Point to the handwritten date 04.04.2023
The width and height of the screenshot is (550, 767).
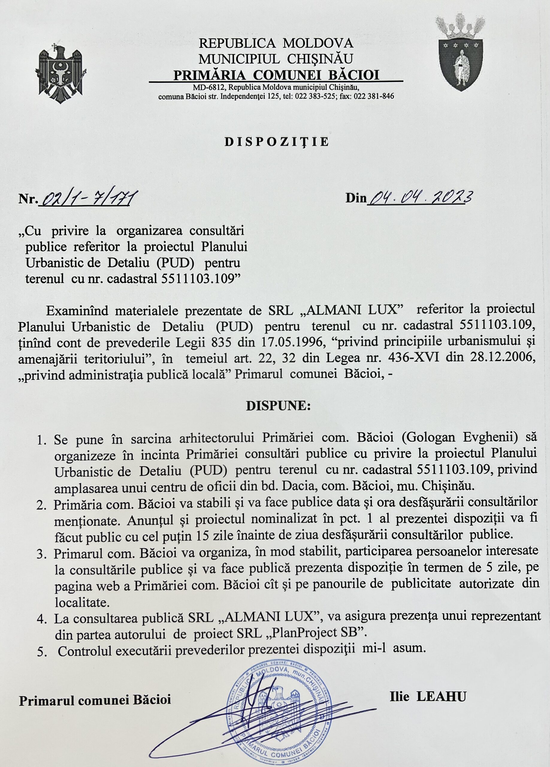(419, 197)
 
